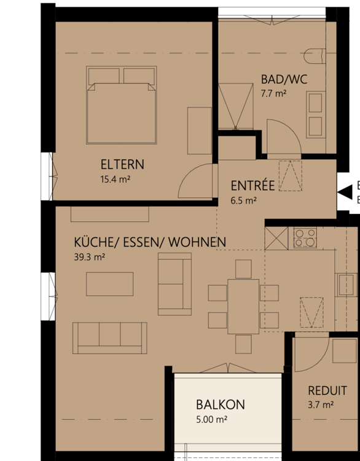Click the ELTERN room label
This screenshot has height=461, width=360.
122,164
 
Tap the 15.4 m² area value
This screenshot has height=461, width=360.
115,179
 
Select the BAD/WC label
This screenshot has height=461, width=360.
283,79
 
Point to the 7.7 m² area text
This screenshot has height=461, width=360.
273,94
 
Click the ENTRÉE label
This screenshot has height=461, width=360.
252,186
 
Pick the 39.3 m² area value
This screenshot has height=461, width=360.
89,258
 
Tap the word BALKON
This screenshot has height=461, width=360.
220,404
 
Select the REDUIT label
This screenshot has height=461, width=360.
327,390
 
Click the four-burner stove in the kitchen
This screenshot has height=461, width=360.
305,237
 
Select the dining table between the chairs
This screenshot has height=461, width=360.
243,305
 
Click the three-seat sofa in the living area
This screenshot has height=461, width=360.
110,337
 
